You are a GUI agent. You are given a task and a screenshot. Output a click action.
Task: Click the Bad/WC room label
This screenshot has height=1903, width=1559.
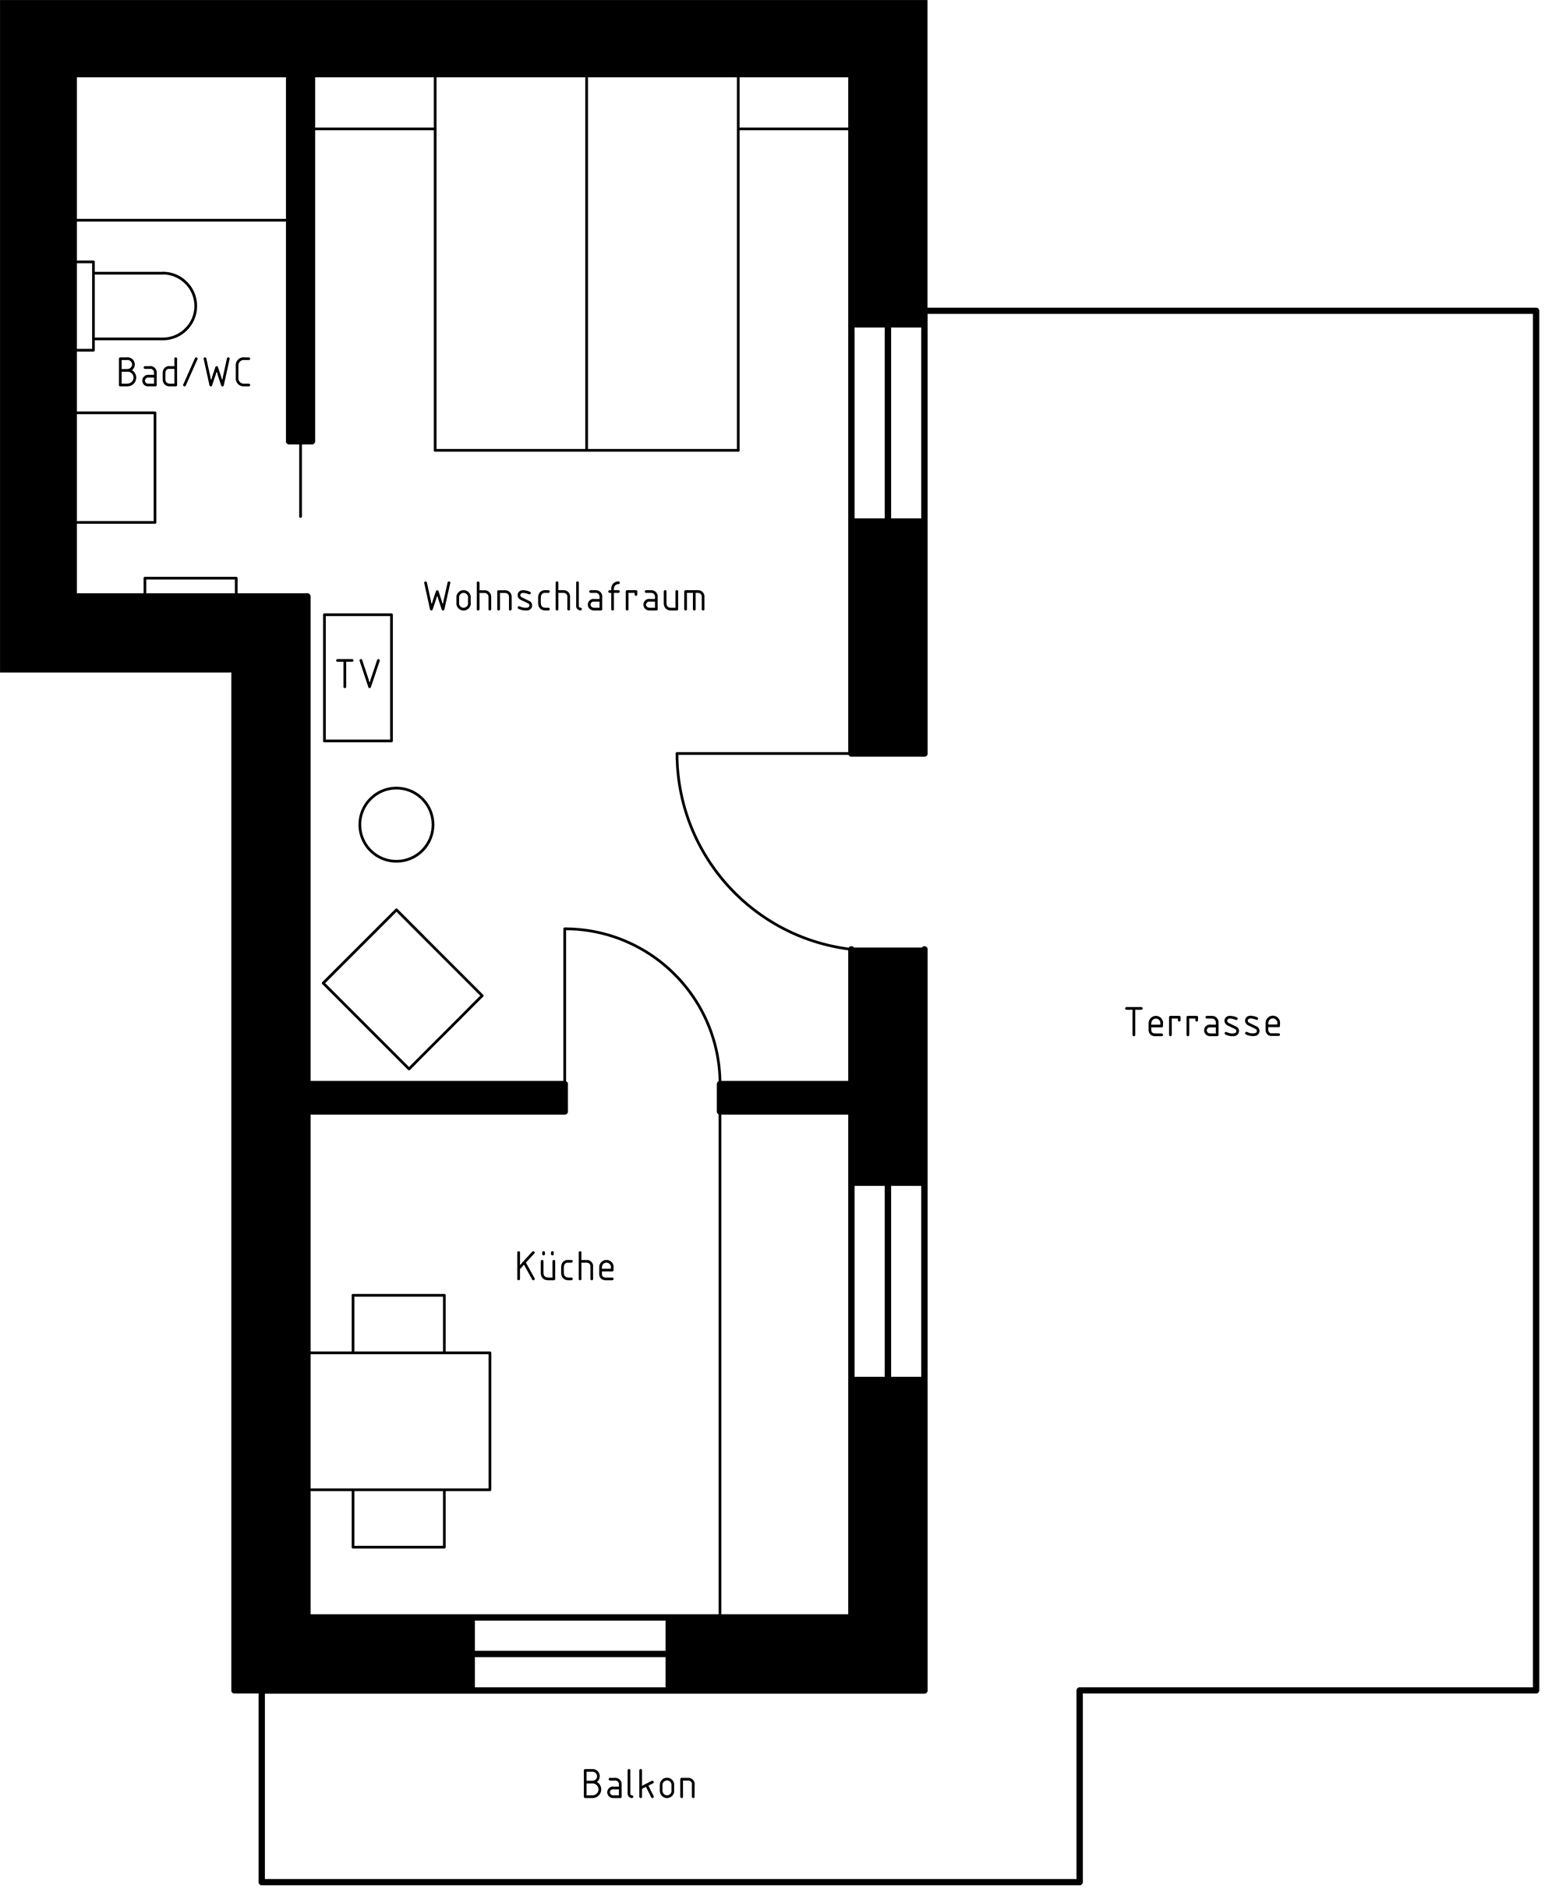click(x=184, y=372)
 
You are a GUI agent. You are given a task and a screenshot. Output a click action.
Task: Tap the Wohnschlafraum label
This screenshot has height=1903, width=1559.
click(x=565, y=596)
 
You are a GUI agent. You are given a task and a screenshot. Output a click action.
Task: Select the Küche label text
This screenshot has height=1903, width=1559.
click(x=565, y=1265)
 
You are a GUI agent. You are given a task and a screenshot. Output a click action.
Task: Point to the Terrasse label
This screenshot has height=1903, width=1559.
click(x=1203, y=1022)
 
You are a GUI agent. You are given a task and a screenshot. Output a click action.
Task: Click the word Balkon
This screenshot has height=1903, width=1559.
click(x=638, y=1784)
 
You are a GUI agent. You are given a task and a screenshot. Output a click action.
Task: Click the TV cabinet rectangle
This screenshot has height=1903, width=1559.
click(x=358, y=678)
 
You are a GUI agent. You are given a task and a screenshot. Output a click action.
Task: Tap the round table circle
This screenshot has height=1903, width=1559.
click(x=396, y=824)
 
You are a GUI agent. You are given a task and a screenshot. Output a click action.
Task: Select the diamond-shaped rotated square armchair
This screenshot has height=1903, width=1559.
click(x=402, y=989)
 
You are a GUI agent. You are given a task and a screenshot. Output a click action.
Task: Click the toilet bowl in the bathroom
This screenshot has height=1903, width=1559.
click(x=143, y=306)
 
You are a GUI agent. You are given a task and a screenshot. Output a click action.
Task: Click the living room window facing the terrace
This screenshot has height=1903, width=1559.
click(x=887, y=422)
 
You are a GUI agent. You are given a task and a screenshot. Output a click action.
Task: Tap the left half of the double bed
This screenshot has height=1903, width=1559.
click(x=510, y=264)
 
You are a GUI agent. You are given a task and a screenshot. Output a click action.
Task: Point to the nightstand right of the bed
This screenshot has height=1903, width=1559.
click(x=793, y=102)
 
